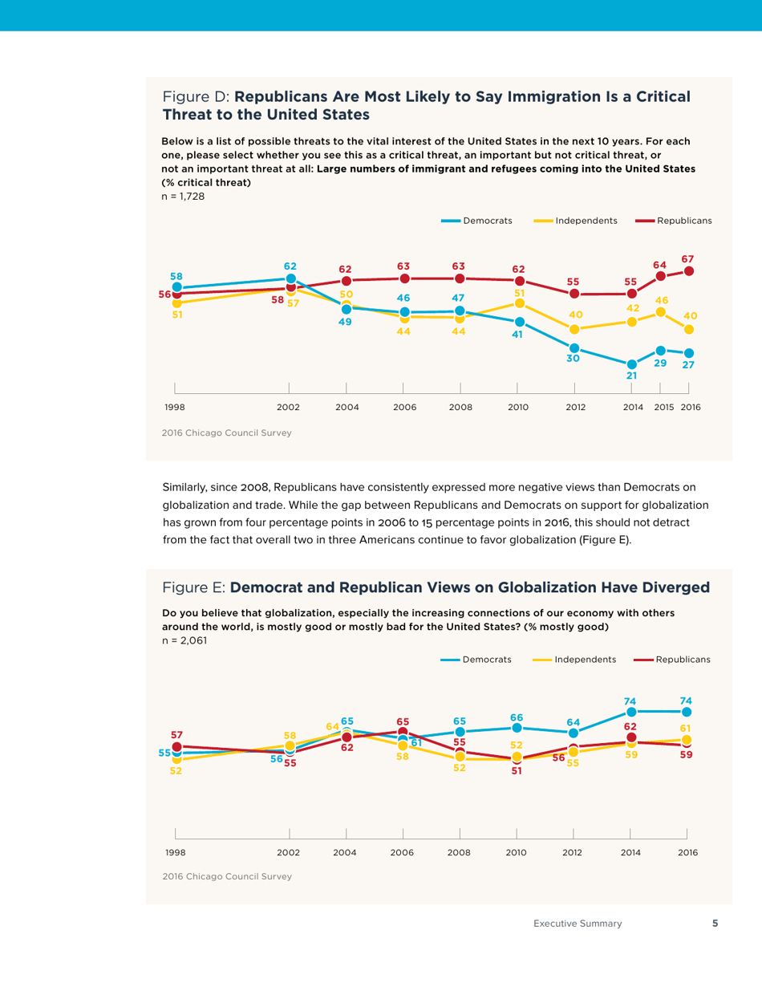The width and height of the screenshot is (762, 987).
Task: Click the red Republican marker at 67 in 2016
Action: [x=688, y=271]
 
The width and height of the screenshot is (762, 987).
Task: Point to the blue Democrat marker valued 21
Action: [x=631, y=364]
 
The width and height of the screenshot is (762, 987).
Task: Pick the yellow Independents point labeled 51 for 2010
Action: [x=520, y=303]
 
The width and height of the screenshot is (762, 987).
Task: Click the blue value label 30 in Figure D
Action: [x=573, y=359]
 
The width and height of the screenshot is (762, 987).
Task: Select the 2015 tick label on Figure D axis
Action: [x=663, y=408]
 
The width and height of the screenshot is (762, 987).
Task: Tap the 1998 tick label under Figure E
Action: [x=174, y=852]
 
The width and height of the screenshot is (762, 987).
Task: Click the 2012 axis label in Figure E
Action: [x=572, y=852]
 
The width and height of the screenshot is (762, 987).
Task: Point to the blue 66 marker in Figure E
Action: [x=517, y=728]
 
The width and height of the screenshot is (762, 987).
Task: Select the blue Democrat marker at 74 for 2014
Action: [x=631, y=712]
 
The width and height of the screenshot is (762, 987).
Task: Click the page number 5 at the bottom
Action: [x=715, y=924]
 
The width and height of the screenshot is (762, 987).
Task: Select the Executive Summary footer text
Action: [x=578, y=924]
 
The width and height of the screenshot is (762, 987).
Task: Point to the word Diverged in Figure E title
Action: [x=673, y=587]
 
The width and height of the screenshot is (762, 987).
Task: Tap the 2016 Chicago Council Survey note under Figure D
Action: [x=226, y=433]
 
